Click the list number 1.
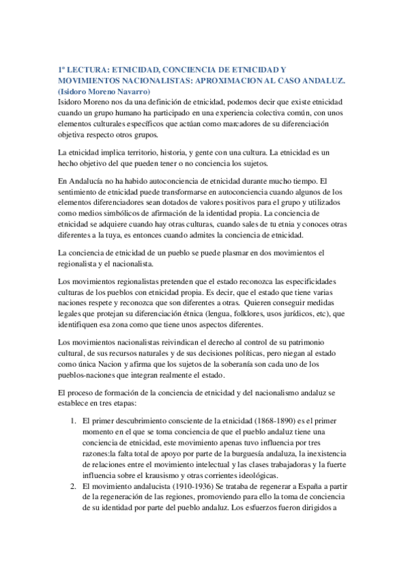pos(73,422)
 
